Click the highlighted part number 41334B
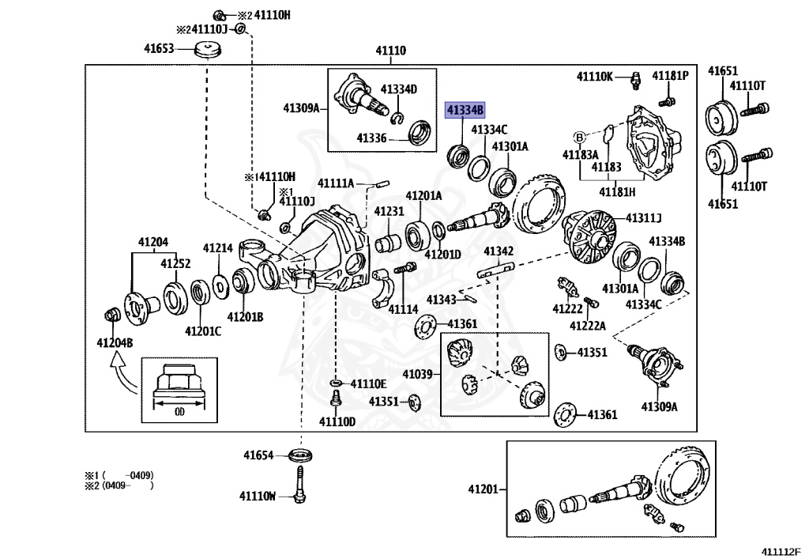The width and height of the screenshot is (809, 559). point(465,110)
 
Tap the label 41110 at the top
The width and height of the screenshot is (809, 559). point(390,51)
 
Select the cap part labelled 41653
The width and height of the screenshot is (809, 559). point(208,50)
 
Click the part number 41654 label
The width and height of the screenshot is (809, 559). point(258,455)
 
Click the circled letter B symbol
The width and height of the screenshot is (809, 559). point(580,138)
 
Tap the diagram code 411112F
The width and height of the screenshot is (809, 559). point(781,552)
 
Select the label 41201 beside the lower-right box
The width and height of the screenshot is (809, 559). point(484,489)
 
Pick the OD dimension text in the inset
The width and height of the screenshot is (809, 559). point(179,412)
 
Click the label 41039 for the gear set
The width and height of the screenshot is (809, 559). point(417,374)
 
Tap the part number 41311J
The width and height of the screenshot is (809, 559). point(643,218)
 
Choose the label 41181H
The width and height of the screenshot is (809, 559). point(617,192)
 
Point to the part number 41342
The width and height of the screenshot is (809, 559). point(499,251)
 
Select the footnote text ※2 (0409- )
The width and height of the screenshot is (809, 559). point(119,485)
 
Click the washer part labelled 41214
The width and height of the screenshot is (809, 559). point(221,286)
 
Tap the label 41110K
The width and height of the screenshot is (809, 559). point(595,77)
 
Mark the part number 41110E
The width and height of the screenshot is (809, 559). point(368,383)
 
